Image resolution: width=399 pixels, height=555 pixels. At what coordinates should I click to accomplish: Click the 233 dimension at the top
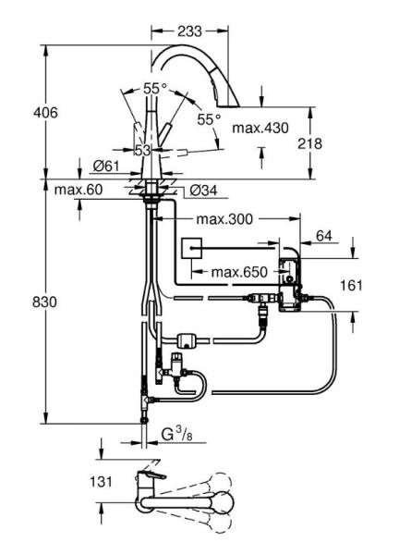click(189, 31)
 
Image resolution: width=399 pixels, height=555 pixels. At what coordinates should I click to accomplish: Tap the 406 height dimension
click(45, 113)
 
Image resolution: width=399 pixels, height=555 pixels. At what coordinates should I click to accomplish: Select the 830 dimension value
click(44, 302)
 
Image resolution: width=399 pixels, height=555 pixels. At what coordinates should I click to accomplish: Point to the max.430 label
click(260, 128)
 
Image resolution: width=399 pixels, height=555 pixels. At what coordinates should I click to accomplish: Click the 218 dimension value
click(309, 143)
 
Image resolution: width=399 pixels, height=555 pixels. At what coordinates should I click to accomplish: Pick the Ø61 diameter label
click(106, 166)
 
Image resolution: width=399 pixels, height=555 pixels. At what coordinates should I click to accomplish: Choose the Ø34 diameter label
click(203, 191)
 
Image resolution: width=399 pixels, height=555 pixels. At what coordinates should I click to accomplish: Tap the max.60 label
click(79, 190)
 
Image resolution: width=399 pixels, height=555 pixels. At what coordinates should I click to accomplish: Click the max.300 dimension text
click(224, 219)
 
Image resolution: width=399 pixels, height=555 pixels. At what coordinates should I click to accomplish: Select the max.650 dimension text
click(239, 272)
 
